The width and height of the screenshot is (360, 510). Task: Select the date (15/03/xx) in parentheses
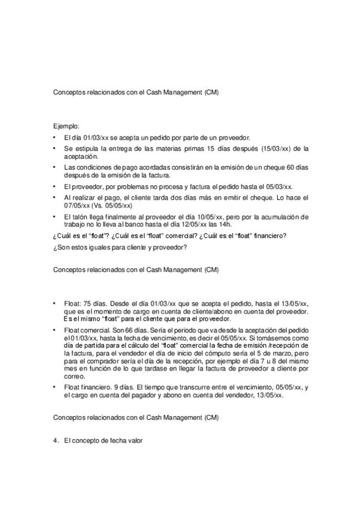[266, 148]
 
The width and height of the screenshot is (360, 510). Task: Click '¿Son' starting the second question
[61, 247]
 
